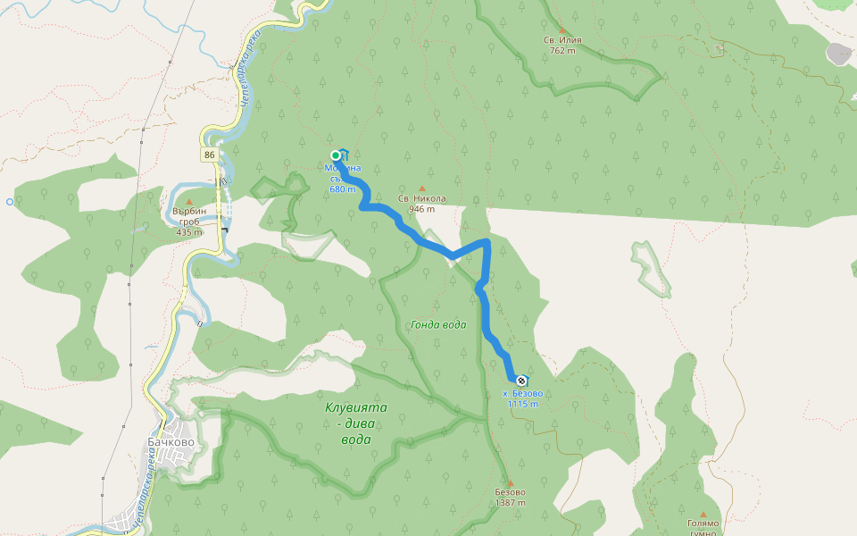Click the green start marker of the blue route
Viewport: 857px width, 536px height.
pos(336,155)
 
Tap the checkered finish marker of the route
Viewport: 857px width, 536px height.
pos(521,381)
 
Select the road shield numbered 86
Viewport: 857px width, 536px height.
pos(209,155)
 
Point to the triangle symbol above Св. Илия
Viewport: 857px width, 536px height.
pos(562,29)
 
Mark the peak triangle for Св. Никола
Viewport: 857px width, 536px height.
pos(421,188)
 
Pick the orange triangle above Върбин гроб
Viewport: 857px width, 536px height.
pos(189,202)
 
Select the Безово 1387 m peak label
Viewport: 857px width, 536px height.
pos(510,497)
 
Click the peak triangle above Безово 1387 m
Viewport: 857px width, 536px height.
pos(510,481)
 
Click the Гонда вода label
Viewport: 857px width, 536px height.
pos(438,325)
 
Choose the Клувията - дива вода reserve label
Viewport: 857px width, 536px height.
pos(356,423)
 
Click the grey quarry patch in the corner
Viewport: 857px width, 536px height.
pos(838,54)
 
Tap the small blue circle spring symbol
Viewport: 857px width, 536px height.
pos(10,202)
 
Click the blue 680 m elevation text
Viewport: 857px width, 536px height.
pos(343,188)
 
